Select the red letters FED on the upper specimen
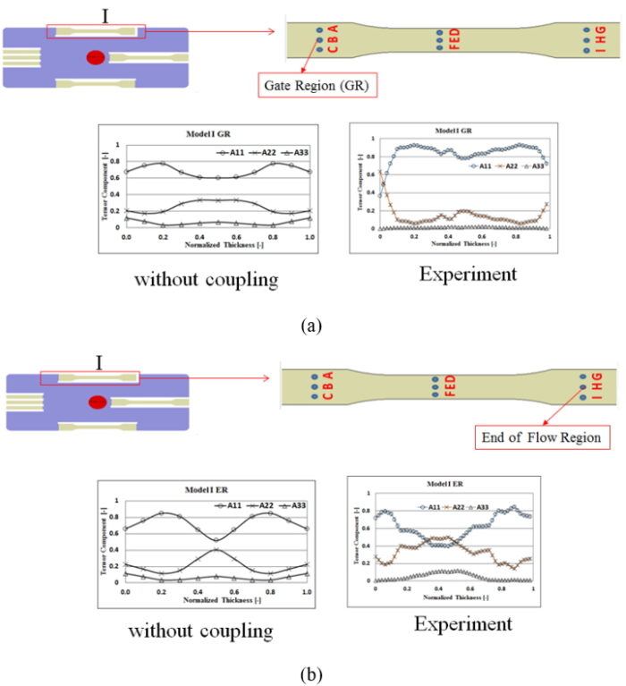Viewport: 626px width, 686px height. tap(453, 41)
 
